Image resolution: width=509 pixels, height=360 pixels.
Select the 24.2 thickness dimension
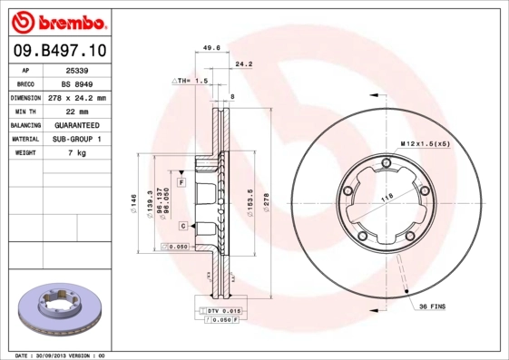tap(243, 65)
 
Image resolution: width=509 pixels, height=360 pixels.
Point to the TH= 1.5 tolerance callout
tap(193, 81)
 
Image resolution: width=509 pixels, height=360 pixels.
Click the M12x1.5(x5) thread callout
tap(426, 143)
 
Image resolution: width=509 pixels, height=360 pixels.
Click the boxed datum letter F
tap(181, 183)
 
